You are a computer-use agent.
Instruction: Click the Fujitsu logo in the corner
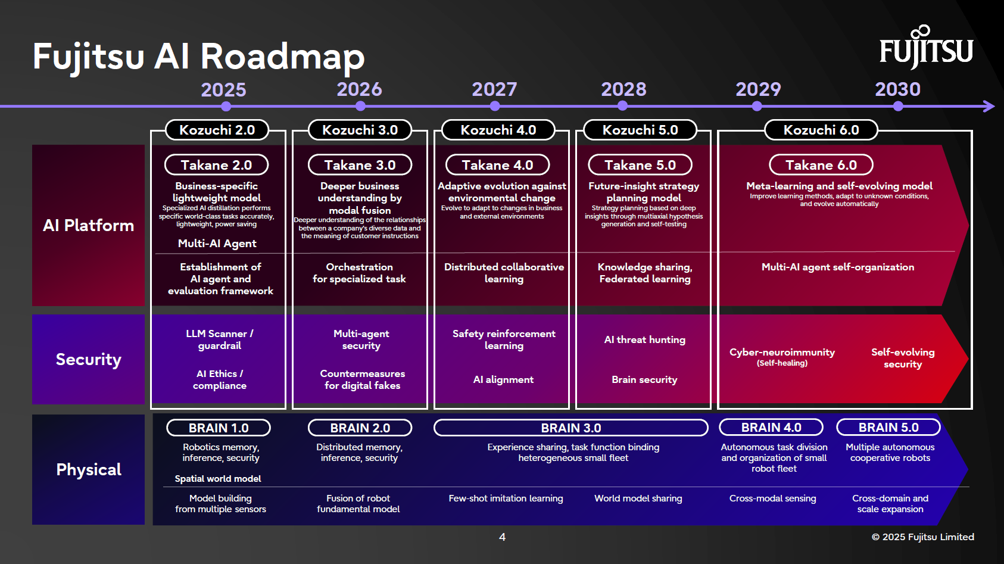926,47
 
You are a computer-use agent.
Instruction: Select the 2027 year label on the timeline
494,89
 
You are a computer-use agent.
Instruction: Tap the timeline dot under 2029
757,106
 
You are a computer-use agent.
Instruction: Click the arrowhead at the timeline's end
989,106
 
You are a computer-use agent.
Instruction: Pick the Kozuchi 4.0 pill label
498,130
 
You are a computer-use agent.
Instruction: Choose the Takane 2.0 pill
216,165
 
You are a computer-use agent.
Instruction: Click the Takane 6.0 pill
821,165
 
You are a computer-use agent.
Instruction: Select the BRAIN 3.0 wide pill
570,428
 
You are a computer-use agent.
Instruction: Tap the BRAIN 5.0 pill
888,427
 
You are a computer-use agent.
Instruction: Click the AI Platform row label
88,225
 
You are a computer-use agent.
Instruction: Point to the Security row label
88,359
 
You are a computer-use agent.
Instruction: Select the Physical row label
88,469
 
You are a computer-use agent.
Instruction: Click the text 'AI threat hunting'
644,339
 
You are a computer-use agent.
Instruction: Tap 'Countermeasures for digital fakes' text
362,379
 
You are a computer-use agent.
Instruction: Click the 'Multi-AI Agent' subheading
217,243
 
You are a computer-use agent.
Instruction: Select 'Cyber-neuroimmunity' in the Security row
782,352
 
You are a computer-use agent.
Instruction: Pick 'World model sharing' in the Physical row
638,498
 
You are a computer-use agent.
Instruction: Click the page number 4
502,537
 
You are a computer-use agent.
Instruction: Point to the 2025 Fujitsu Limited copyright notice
922,537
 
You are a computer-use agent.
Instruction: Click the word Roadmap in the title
282,57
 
